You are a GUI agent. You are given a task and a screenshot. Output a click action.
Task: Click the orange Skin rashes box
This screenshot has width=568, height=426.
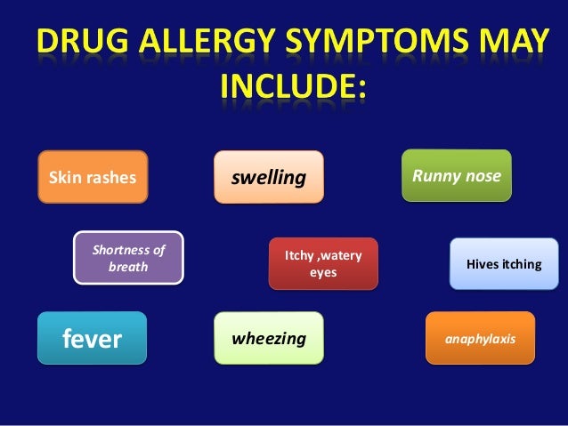tap(92, 177)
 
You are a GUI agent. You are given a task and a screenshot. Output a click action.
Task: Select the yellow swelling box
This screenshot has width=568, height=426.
tap(269, 177)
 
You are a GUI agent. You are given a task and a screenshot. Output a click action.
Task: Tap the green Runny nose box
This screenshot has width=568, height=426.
tap(457, 175)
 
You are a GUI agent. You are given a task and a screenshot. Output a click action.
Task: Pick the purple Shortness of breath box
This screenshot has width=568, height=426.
tap(128, 258)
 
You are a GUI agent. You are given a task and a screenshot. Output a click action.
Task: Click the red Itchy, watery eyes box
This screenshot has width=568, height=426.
tap(323, 264)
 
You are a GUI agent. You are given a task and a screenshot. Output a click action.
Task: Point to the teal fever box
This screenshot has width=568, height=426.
tap(91, 339)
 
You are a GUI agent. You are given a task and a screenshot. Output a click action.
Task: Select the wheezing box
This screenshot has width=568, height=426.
tap(269, 339)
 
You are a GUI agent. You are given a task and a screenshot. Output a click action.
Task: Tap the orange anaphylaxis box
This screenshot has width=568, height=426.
tap(480, 339)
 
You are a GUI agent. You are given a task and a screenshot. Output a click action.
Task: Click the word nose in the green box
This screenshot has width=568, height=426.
tap(484, 175)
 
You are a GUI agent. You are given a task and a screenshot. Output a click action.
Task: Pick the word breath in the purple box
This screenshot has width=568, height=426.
tap(128, 267)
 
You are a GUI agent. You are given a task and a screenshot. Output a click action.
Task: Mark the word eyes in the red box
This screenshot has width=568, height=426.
tap(323, 273)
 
